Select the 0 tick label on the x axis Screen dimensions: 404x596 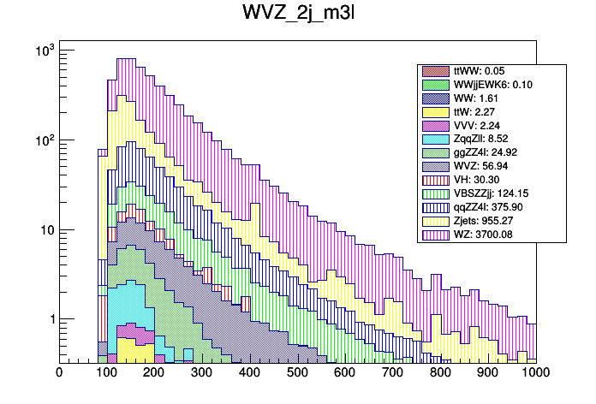click(59, 372)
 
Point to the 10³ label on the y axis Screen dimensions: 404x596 click(43, 51)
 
